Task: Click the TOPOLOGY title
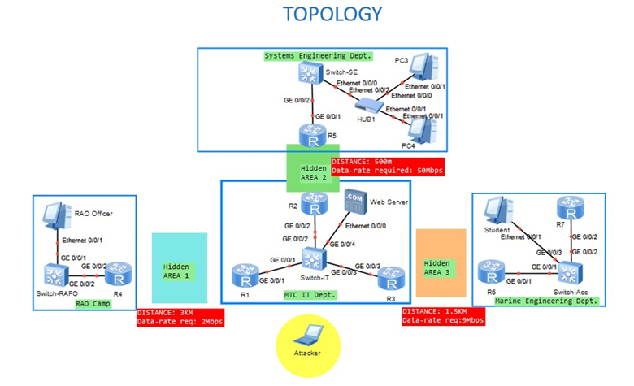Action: pyautogui.click(x=332, y=15)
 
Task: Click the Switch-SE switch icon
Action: pyautogui.click(x=309, y=75)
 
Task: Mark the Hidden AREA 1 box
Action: pyautogui.click(x=180, y=268)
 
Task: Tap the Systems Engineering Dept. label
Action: pyautogui.click(x=318, y=56)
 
